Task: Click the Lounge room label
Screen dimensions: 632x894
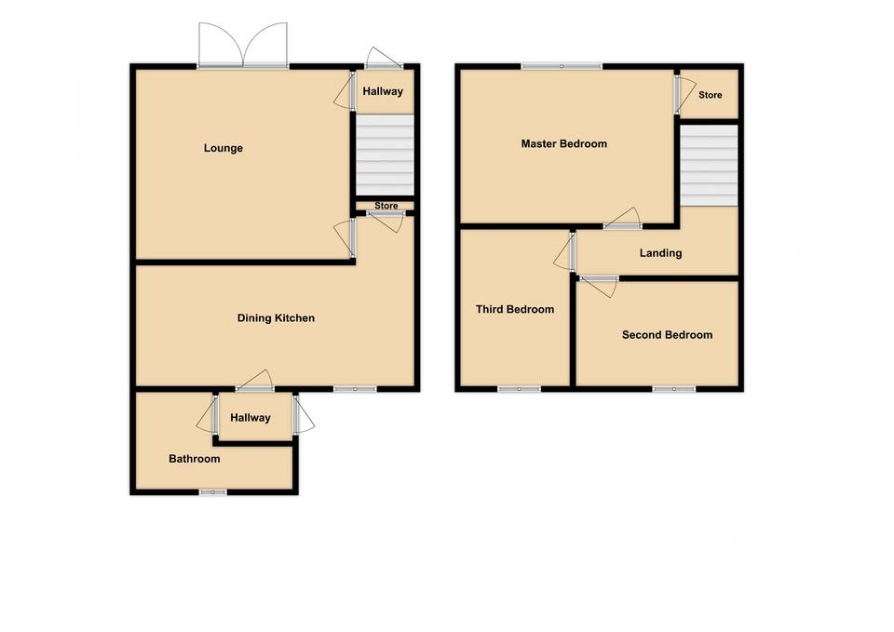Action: (223, 148)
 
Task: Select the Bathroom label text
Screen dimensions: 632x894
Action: (194, 459)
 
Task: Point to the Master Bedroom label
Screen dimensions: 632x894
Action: (563, 143)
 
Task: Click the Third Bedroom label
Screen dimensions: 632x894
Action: (514, 310)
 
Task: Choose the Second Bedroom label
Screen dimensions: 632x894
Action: (667, 335)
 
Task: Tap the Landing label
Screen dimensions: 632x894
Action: (660, 253)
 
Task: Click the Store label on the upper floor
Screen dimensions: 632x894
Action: (710, 95)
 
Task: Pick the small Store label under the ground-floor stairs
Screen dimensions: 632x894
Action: (386, 206)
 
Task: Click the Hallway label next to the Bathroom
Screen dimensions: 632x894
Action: (251, 418)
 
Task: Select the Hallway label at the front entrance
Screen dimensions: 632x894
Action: (383, 91)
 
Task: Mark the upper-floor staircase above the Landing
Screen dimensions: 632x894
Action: (708, 166)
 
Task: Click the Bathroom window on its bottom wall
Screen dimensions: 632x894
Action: (212, 491)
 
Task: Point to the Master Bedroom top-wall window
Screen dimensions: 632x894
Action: (561, 66)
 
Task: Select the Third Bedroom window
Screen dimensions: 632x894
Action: (519, 389)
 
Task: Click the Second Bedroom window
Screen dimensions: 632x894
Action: (673, 389)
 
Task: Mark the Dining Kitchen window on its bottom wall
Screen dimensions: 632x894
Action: (356, 389)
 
